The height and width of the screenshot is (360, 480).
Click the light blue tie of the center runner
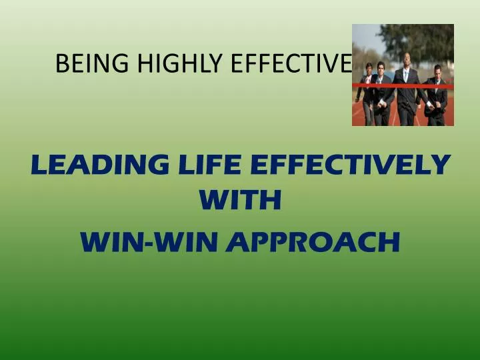coord(405,76)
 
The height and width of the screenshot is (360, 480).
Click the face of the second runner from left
coord(381,69)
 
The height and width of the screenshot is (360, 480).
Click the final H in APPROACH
coord(390,241)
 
